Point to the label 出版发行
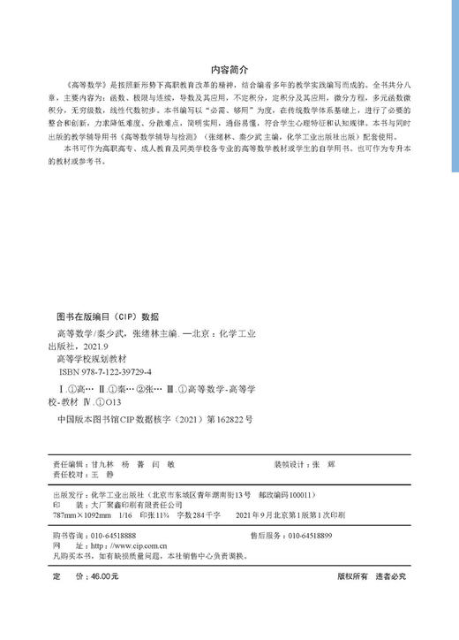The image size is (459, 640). [70, 495]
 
